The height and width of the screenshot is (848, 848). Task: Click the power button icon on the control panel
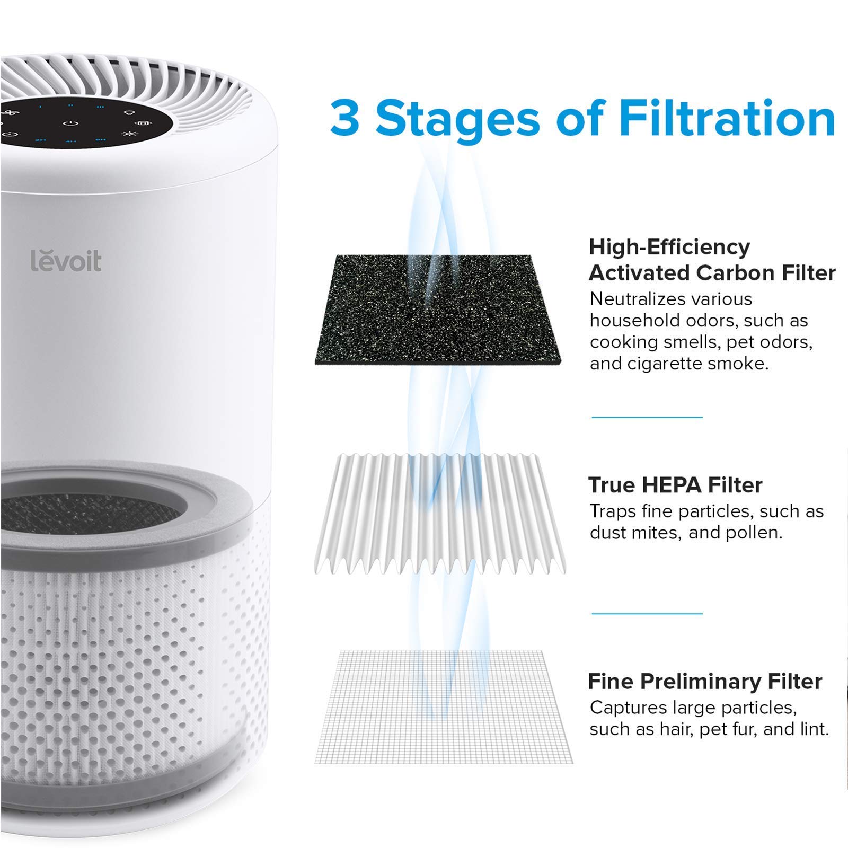tap(70, 123)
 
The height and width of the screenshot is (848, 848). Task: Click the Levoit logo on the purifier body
tap(66, 261)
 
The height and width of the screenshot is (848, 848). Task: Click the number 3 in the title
tap(344, 118)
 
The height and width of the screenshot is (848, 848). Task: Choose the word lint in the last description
tap(813, 729)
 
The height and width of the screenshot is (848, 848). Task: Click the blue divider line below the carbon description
tap(647, 417)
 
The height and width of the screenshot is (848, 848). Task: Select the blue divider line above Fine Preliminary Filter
tap(647, 614)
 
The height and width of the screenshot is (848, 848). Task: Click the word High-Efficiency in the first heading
tap(669, 247)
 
